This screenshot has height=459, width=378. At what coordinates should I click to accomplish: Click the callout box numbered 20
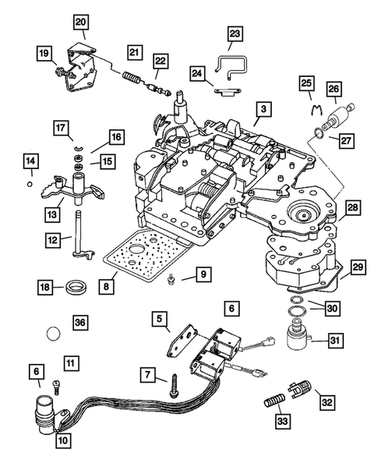tap(82, 21)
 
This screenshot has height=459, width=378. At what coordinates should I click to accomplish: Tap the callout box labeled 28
tap(353, 208)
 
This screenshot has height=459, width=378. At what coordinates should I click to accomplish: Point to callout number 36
tap(79, 321)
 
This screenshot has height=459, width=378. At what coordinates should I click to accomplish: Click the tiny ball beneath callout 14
tap(29, 185)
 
